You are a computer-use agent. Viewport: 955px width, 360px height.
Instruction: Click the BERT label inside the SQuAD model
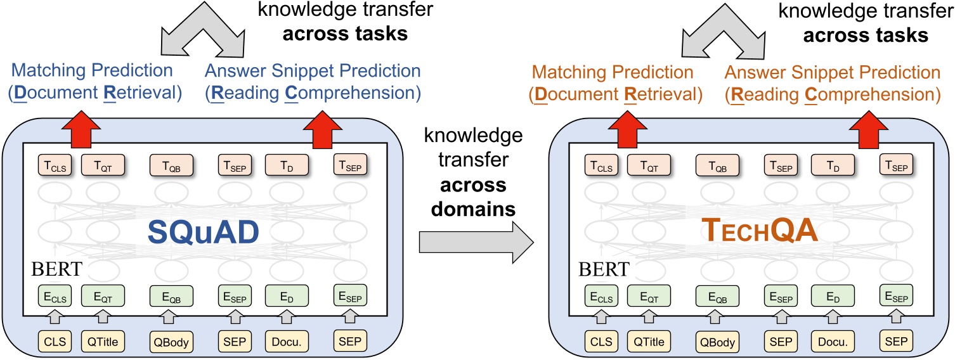[56, 269]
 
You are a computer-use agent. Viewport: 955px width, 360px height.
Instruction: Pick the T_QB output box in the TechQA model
[717, 167]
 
